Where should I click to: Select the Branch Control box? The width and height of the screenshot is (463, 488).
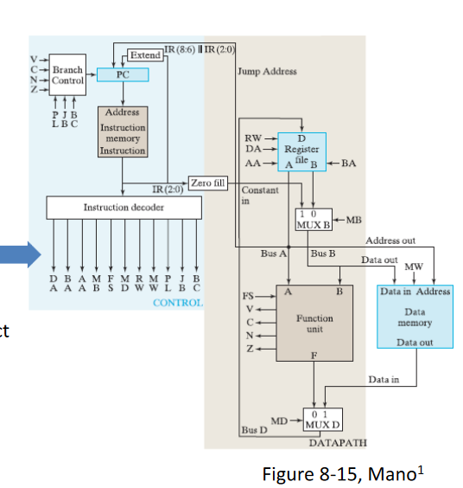67,75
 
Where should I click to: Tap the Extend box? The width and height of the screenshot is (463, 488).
143,55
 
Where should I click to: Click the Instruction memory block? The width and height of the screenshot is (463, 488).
124,132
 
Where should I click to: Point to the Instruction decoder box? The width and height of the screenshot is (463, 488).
123,208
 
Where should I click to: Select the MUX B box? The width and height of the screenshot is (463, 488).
313,220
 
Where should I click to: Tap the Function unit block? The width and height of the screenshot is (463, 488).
314,323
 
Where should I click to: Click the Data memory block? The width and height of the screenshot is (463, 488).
415,316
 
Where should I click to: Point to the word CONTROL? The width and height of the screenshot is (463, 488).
178,303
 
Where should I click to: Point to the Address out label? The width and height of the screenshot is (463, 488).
390,241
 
